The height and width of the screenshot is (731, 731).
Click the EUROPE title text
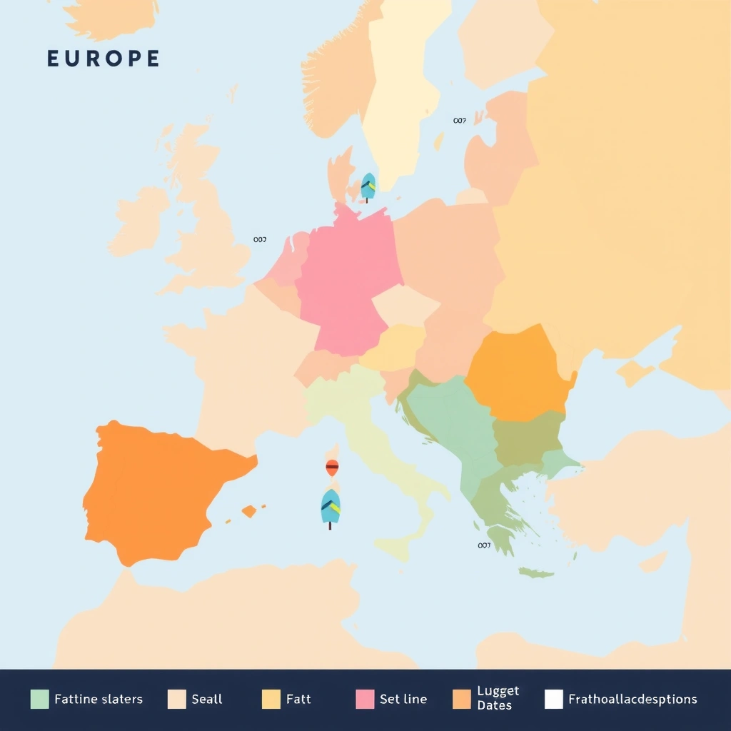[103, 59]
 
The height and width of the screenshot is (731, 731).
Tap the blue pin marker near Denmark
[368, 186]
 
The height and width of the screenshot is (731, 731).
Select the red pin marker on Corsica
[332, 468]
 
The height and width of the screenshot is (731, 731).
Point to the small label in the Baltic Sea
[459, 121]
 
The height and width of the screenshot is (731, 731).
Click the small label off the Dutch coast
[260, 240]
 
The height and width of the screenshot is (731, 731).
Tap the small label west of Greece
[484, 545]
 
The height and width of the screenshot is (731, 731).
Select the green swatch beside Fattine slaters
[39, 699]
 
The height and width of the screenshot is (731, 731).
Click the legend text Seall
[207, 699]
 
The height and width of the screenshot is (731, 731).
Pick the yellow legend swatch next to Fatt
[271, 699]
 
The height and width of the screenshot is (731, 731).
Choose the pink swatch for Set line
[364, 699]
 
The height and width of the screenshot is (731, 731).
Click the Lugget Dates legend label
[498, 698]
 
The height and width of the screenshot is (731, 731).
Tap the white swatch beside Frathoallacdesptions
[553, 699]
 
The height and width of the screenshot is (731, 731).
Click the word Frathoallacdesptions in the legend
[632, 699]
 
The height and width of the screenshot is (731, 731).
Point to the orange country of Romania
[518, 375]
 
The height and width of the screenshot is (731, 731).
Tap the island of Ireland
[139, 221]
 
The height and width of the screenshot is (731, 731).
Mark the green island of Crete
[535, 573]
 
